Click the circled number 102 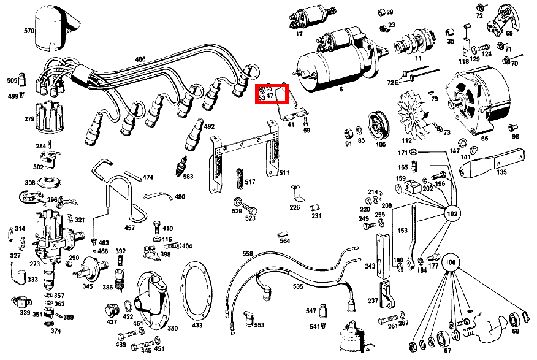[x=452, y=215]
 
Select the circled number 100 [x=451, y=262]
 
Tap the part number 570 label [x=29, y=31]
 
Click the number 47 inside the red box [x=270, y=96]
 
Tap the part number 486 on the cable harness [x=140, y=59]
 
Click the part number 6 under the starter [x=341, y=90]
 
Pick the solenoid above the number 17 [x=301, y=19]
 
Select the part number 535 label [x=297, y=286]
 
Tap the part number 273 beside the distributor [x=34, y=264]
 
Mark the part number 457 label [x=129, y=228]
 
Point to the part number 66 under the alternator [x=484, y=139]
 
